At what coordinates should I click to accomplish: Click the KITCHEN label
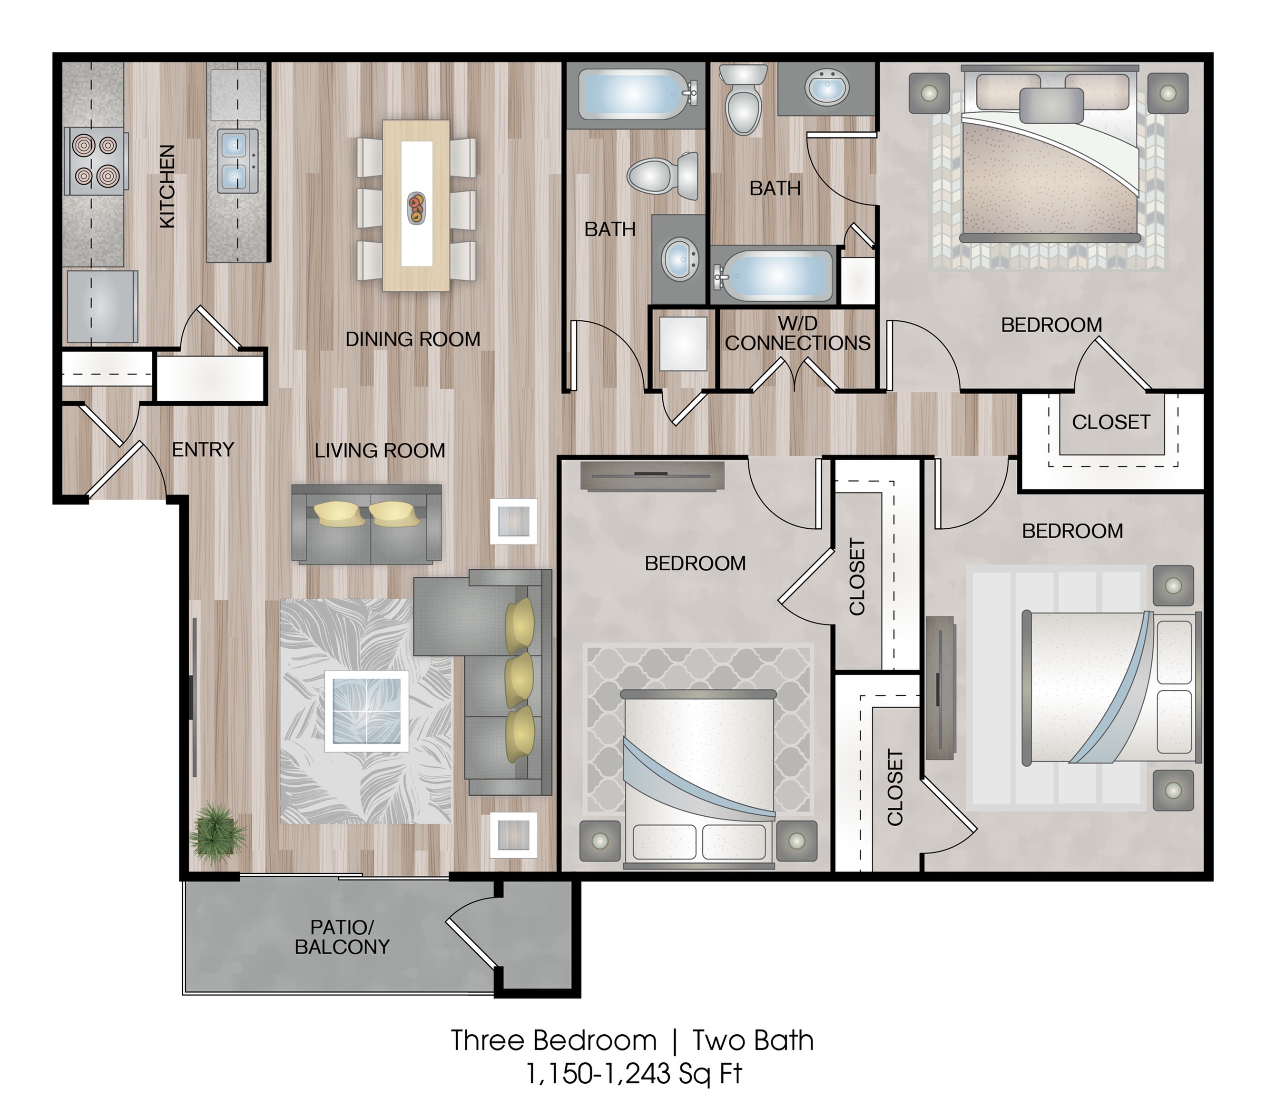click(x=167, y=186)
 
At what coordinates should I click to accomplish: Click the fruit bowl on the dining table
click(x=416, y=208)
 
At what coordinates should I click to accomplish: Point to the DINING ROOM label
click(x=413, y=339)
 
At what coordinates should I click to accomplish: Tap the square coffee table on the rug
click(x=366, y=711)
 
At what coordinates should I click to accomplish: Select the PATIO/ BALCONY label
click(x=342, y=937)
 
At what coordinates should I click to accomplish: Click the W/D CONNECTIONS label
click(x=797, y=333)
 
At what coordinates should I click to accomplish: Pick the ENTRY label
click(x=203, y=449)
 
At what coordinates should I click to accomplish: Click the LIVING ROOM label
click(x=380, y=451)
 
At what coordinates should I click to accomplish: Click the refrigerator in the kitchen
click(x=102, y=306)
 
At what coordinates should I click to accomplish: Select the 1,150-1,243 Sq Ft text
click(x=634, y=1074)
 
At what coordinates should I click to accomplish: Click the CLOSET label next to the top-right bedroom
click(x=1111, y=422)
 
